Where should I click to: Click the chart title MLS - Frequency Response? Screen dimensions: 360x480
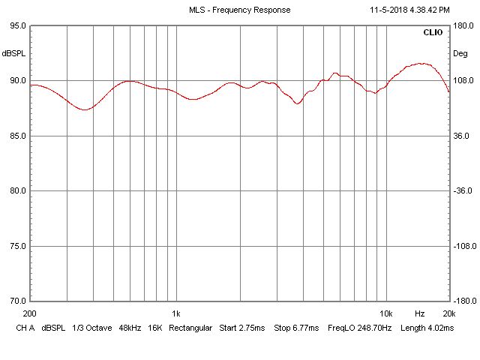click(x=239, y=10)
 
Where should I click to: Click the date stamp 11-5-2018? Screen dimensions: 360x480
click(x=389, y=10)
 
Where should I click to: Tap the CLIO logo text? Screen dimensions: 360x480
click(x=433, y=33)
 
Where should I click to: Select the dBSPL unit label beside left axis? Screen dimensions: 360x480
click(x=13, y=54)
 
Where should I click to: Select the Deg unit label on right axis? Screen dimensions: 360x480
click(x=460, y=54)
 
